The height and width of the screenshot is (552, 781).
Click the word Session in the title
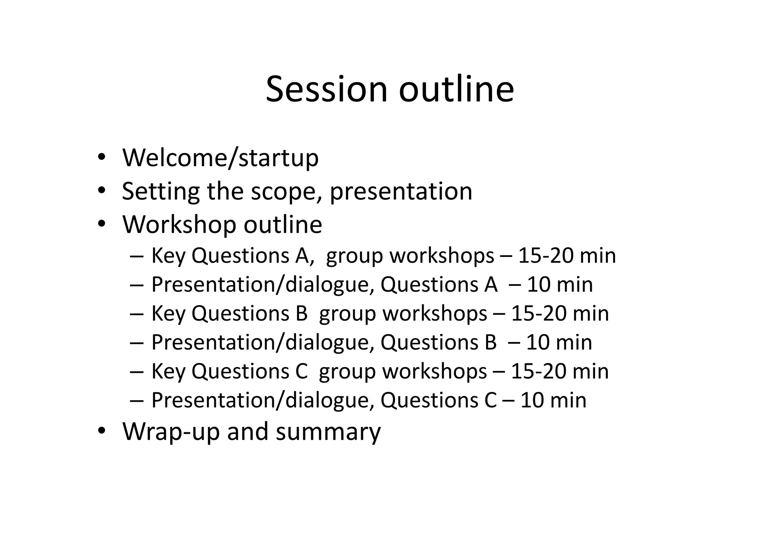point(326,89)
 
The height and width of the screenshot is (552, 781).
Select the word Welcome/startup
point(220,157)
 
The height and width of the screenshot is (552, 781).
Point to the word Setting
point(161,191)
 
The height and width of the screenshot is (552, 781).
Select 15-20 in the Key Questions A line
point(546,255)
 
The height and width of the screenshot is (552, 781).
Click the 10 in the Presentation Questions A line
point(538,284)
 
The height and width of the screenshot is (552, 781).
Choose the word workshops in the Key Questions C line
point(435,371)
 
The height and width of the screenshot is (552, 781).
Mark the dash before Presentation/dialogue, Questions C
point(136,401)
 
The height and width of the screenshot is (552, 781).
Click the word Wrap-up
point(171,432)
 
